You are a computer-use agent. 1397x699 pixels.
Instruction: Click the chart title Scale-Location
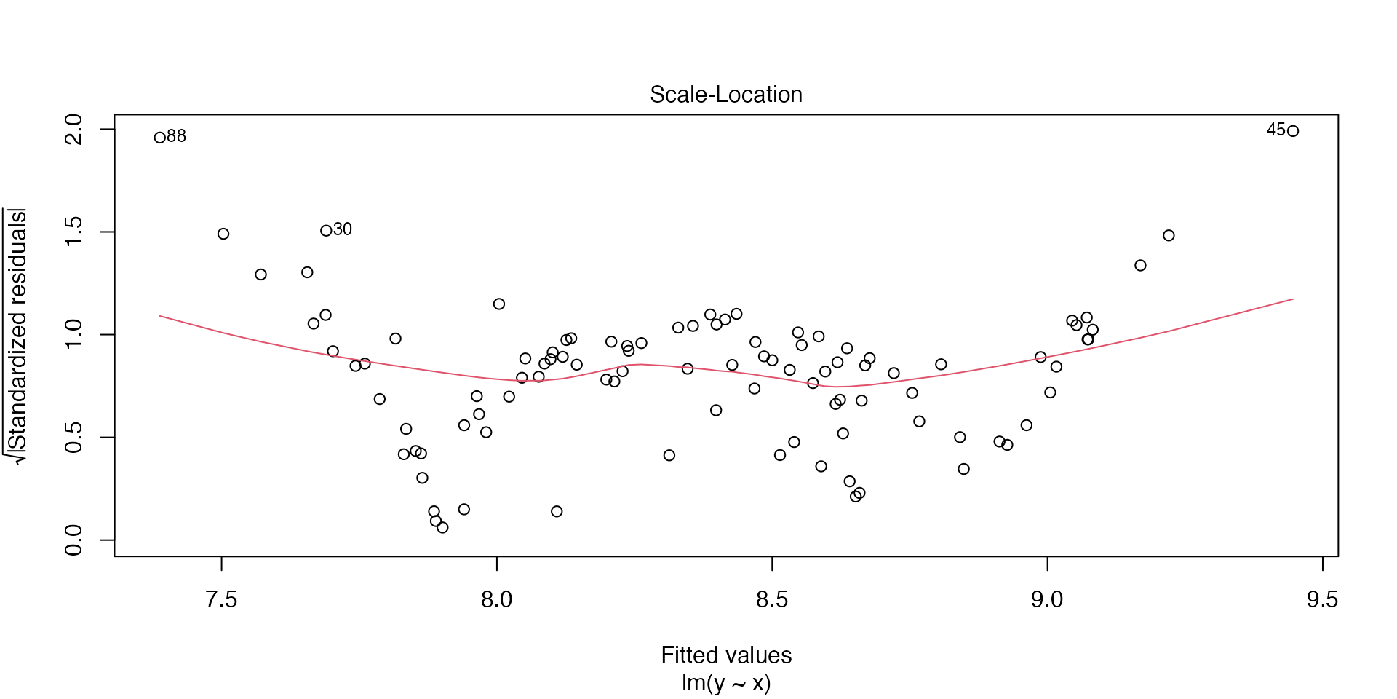click(725, 95)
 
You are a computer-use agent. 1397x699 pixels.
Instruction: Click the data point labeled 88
click(160, 138)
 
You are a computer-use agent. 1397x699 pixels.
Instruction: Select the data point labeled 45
click(1293, 131)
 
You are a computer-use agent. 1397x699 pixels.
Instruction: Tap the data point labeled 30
click(326, 231)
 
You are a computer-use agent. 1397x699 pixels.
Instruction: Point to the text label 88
click(177, 136)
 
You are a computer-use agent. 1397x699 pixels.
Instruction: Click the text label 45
click(1276, 130)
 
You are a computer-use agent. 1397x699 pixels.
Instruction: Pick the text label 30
click(343, 229)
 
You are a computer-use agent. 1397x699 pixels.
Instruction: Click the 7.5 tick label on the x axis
click(222, 599)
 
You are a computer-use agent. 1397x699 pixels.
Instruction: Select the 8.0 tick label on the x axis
click(497, 599)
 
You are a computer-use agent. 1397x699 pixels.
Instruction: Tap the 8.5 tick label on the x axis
click(772, 599)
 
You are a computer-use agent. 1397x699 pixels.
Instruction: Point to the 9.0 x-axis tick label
click(1047, 599)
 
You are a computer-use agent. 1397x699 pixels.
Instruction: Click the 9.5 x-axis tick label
click(1322, 599)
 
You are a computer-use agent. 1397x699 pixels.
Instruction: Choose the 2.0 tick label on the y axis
click(74, 130)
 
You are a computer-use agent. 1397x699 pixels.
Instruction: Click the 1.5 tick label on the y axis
click(74, 232)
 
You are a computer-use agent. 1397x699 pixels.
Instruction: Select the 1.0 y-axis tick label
click(74, 335)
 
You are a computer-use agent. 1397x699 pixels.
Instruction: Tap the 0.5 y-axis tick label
click(74, 438)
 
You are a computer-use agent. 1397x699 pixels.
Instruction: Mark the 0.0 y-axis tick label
click(74, 540)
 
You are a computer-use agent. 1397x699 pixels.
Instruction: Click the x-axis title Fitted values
click(726, 655)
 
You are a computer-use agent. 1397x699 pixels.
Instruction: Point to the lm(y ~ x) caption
click(726, 683)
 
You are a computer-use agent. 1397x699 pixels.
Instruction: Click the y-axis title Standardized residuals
click(17, 335)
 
